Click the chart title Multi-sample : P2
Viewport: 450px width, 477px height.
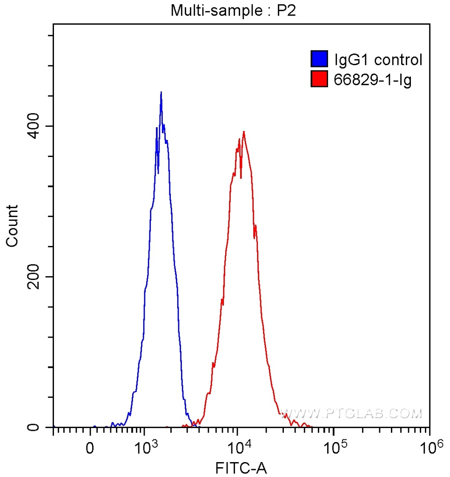click(233, 10)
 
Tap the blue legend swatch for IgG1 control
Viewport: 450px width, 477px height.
click(320, 60)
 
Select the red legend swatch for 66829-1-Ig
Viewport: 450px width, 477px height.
click(320, 80)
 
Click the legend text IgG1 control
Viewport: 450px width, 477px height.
click(378, 60)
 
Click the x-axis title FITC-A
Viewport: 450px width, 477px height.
click(242, 467)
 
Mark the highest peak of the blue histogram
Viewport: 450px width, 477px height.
click(161, 92)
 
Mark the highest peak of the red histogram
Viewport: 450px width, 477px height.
click(243, 132)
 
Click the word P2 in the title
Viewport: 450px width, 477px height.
click(287, 10)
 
